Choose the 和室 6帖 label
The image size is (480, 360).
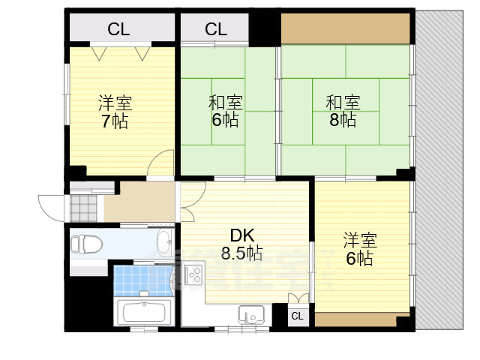(x=224, y=110)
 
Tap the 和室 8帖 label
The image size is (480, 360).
(x=342, y=110)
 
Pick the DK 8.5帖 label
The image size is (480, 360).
(x=241, y=244)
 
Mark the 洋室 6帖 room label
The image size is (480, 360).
(x=360, y=249)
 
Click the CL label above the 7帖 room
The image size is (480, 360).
(x=118, y=29)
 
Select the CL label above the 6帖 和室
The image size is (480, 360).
(x=216, y=29)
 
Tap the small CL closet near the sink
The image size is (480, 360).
(x=297, y=316)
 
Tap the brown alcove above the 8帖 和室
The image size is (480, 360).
(x=346, y=29)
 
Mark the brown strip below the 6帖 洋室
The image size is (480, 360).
(x=355, y=319)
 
